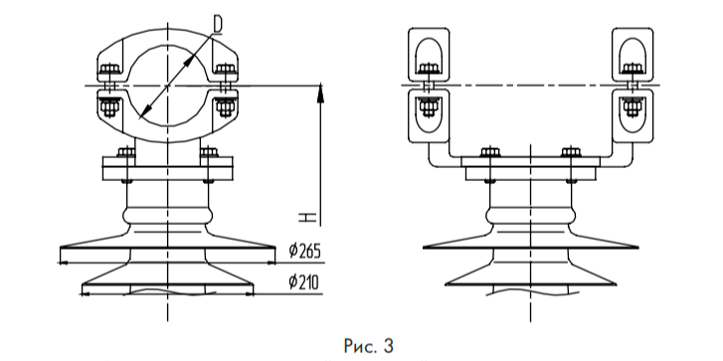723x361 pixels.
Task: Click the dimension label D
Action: click(218, 24)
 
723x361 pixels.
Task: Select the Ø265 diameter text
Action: click(304, 252)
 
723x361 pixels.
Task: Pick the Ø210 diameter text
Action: click(304, 282)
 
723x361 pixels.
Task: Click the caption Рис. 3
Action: click(368, 345)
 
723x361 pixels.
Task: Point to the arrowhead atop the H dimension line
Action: click(321, 93)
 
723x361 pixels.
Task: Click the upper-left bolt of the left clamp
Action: click(109, 70)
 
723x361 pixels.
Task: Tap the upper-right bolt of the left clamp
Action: click(226, 70)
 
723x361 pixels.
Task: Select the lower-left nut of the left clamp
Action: click(109, 107)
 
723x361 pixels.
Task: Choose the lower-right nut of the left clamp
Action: click(226, 107)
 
